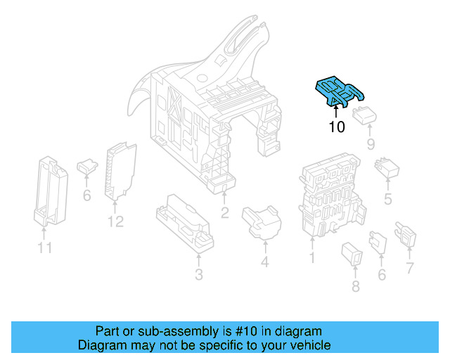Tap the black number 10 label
click(x=336, y=127)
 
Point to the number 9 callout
click(x=371, y=145)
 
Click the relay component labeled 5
click(x=387, y=169)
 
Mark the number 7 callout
click(x=409, y=267)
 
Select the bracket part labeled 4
click(x=261, y=221)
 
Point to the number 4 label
click(x=264, y=263)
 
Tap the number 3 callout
click(x=199, y=274)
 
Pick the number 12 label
click(x=115, y=221)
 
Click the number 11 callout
click(x=44, y=247)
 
